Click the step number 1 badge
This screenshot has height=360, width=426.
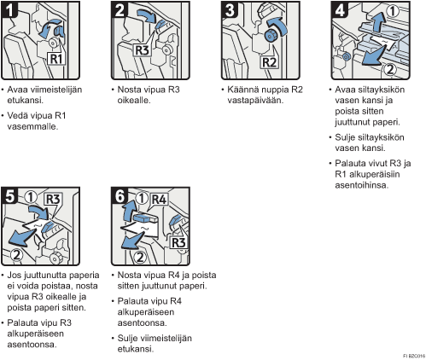point(9,9)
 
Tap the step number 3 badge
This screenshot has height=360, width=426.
point(231,9)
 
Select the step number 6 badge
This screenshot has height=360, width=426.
point(120,196)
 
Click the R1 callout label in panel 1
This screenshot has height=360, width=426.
point(56,59)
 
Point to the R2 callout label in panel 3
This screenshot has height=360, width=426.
point(270,62)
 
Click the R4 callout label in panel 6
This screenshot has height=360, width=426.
point(159,200)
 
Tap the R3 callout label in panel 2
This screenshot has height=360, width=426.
point(142,50)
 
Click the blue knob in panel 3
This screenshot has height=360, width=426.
point(270,35)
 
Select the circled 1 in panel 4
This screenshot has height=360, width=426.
point(393,11)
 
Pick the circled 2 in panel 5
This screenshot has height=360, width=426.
point(17,255)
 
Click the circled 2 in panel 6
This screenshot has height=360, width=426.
point(140,258)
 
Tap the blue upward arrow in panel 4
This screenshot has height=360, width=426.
point(378,22)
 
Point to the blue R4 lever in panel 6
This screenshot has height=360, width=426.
point(145,218)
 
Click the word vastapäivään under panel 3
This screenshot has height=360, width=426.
point(255,101)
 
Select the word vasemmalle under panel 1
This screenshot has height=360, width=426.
point(32,126)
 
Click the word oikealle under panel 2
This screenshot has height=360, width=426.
point(134,101)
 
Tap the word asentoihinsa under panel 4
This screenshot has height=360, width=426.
point(361,185)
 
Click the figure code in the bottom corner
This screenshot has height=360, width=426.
point(414,356)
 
